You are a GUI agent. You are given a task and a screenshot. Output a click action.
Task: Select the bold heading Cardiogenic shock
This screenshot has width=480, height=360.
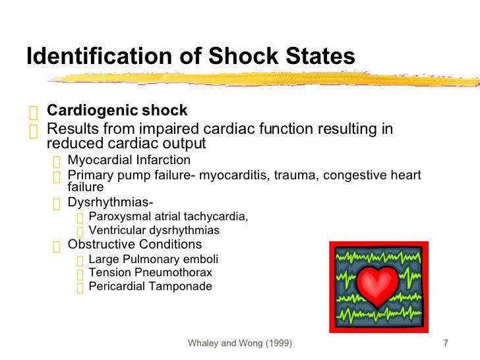(117, 110)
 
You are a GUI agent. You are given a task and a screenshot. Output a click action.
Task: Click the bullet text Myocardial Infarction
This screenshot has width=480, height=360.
(129, 160)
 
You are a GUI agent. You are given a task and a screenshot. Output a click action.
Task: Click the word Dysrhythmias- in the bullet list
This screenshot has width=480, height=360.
(106, 203)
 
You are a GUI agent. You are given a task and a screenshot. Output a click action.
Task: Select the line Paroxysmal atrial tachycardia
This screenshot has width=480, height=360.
(168, 216)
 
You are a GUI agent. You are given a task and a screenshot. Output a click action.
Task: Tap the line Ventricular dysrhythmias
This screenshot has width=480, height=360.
(154, 231)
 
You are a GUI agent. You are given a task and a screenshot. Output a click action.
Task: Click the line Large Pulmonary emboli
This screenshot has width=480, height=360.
(153, 259)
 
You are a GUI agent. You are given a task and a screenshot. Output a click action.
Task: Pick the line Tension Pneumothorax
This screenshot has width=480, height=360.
(150, 272)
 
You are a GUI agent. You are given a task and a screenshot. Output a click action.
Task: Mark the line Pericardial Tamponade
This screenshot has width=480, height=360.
(150, 287)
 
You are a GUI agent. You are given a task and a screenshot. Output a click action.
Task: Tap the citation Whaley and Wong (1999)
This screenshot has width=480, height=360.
(241, 344)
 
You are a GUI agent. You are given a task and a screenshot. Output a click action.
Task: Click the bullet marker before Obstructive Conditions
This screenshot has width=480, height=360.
(57, 246)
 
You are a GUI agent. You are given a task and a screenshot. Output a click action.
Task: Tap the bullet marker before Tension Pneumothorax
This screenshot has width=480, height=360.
(80, 274)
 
